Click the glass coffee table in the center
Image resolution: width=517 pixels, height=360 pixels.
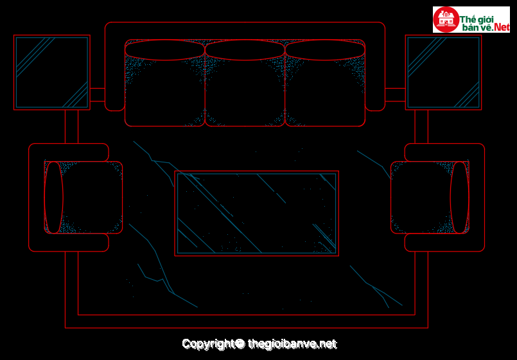click(x=256, y=213)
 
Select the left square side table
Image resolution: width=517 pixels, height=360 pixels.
click(x=52, y=73)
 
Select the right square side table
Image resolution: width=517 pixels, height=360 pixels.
click(x=444, y=73)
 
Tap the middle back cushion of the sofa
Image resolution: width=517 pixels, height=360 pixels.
click(x=245, y=50)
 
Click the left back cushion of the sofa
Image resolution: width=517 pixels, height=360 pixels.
click(x=165, y=50)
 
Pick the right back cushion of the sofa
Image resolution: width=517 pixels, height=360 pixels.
click(x=325, y=50)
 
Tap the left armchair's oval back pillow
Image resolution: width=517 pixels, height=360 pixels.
click(x=53, y=197)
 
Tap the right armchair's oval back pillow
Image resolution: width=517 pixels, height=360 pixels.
click(x=460, y=197)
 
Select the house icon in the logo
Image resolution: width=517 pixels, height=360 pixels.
click(x=446, y=19)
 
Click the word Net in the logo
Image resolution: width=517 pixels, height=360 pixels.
click(x=502, y=28)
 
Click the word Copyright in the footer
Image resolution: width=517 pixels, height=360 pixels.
click(x=208, y=344)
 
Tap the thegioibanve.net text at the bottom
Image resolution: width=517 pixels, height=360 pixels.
click(x=292, y=344)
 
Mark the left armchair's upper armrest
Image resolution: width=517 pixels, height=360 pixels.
click(x=69, y=152)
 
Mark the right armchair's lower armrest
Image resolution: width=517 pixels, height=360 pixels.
click(x=444, y=243)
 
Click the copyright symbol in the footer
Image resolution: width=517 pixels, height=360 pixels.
click(x=240, y=343)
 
